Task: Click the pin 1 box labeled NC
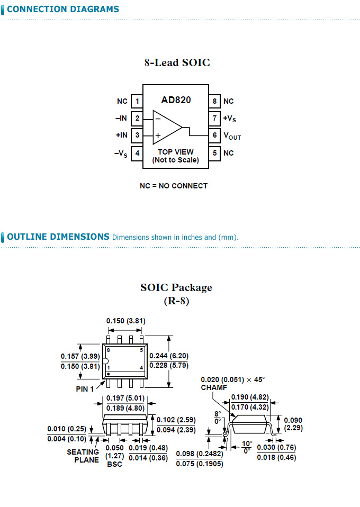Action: [x=137, y=101]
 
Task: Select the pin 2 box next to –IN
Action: [x=137, y=118]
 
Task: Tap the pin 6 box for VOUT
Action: [x=215, y=135]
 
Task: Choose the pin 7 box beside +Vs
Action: [x=215, y=118]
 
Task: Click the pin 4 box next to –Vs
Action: [x=137, y=153]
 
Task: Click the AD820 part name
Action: [x=176, y=99]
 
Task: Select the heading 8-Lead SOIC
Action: [x=177, y=62]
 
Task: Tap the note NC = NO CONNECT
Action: [x=174, y=186]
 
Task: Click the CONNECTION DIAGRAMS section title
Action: [x=62, y=9]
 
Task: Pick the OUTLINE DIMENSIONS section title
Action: [x=58, y=237]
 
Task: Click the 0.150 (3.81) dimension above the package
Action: [x=125, y=321]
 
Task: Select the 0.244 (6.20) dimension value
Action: [x=169, y=356]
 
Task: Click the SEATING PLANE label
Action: [x=83, y=456]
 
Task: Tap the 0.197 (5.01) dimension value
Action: [x=125, y=398]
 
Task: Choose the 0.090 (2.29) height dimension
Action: [x=293, y=423]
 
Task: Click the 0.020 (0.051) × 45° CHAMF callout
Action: [x=232, y=383]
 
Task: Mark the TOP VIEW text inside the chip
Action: [x=176, y=152]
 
